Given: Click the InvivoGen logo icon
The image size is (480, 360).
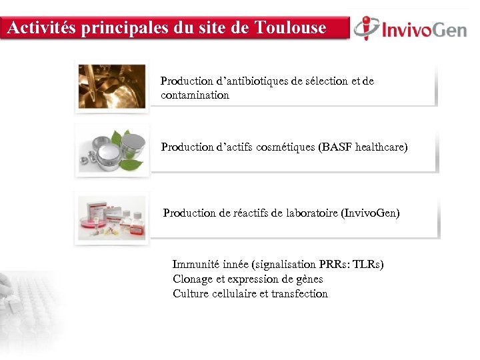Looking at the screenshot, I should pyautogui.click(x=366, y=28).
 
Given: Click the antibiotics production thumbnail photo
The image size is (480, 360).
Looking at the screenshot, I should pyautogui.click(x=111, y=86).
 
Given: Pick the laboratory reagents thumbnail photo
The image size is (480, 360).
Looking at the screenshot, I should pyautogui.click(x=111, y=217).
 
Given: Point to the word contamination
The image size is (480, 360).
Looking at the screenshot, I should pyautogui.click(x=195, y=95).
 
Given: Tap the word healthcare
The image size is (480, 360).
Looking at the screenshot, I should pyautogui.click(x=382, y=147).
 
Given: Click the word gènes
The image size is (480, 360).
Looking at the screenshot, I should pyautogui.click(x=307, y=279).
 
